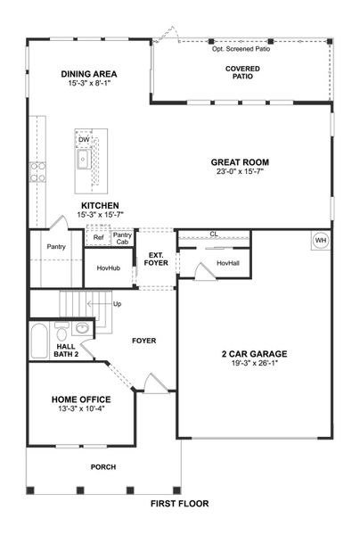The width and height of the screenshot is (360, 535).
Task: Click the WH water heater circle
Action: click(x=321, y=241)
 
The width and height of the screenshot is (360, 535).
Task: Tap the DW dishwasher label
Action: click(x=84, y=140)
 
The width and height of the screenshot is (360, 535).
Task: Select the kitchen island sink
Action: click(x=83, y=160)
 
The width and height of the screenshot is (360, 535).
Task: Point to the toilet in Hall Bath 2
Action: click(x=82, y=328)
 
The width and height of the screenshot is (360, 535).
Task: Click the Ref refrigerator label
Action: click(x=98, y=238)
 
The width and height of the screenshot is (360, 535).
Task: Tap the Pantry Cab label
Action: click(x=122, y=239)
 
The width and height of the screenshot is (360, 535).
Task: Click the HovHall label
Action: click(x=228, y=263)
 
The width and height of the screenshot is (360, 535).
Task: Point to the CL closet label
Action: click(x=214, y=235)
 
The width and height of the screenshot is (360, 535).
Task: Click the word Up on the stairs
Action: click(x=117, y=304)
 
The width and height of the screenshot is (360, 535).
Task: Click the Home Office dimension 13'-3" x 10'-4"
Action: click(x=81, y=409)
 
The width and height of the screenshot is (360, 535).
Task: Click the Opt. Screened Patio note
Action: click(x=241, y=49)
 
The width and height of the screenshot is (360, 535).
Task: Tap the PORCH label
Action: click(x=103, y=467)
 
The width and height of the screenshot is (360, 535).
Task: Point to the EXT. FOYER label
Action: click(x=156, y=259)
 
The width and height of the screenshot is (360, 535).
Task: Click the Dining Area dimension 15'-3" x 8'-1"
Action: click(x=90, y=85)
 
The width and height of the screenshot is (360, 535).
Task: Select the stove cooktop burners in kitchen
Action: click(x=37, y=172)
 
